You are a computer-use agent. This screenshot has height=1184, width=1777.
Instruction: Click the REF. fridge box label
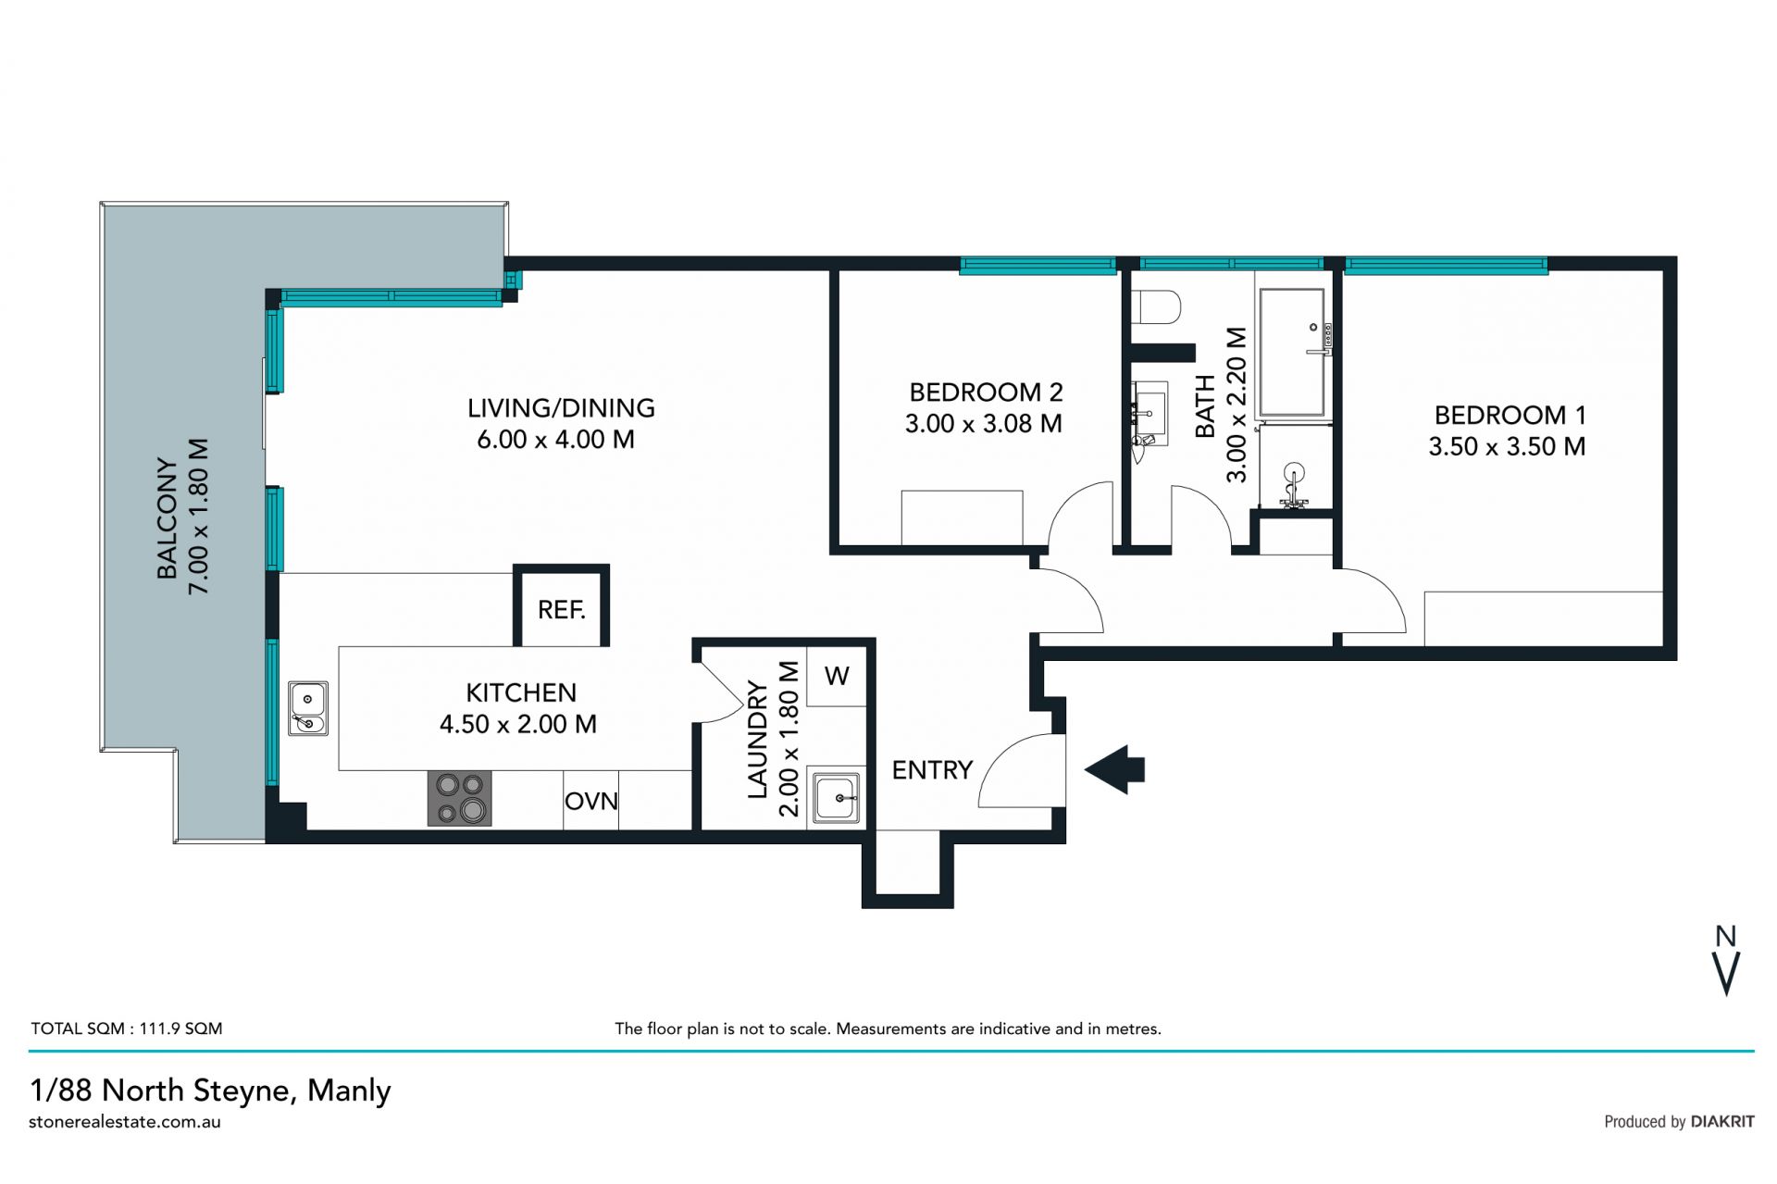click(561, 610)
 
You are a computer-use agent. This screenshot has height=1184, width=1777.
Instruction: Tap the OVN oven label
click(591, 801)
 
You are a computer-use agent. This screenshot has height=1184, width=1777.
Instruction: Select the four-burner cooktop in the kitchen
click(459, 798)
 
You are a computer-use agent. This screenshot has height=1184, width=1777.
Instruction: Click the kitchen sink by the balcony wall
click(307, 708)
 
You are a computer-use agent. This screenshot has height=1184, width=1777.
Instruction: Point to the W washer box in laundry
click(837, 676)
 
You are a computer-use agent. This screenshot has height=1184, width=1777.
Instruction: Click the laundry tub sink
click(836, 798)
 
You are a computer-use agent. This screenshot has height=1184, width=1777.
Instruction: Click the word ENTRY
click(932, 770)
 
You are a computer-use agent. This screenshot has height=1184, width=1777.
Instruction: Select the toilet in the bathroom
click(1157, 306)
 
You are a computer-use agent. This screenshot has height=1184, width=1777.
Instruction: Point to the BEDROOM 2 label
click(986, 393)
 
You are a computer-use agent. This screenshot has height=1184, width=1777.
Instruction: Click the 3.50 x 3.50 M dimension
click(1507, 446)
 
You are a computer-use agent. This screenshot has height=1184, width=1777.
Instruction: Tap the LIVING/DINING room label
click(561, 407)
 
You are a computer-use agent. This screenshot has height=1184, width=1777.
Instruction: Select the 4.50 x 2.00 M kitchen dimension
click(518, 724)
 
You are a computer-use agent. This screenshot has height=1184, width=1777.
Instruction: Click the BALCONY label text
click(167, 517)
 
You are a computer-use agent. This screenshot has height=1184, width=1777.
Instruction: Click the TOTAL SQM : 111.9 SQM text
click(127, 1028)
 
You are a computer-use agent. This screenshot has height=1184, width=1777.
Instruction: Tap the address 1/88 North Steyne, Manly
click(210, 1091)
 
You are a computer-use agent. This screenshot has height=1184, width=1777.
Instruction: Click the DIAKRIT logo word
click(1722, 1122)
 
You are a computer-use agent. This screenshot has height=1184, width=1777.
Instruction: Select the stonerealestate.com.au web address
click(125, 1122)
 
